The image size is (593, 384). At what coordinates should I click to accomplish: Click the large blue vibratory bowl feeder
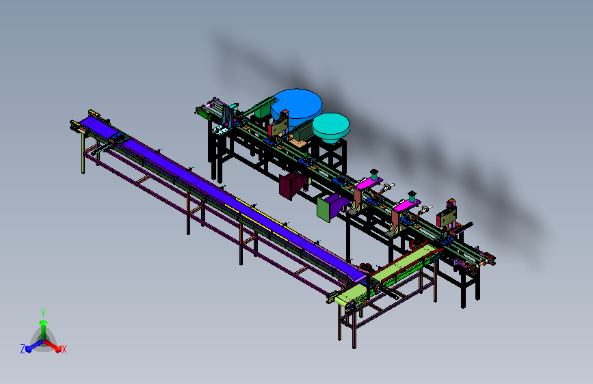pos(297,104)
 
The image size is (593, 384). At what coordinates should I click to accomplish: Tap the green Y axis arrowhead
pos(43,323)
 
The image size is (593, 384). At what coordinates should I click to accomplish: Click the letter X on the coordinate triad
pos(64,350)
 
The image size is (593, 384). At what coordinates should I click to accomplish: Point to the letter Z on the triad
pos(23,349)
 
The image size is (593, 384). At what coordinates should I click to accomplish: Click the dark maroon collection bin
pos(291,184)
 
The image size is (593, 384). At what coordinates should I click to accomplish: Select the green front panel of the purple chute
pos(324,209)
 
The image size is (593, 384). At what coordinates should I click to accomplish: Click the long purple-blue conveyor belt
pos(220,197)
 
